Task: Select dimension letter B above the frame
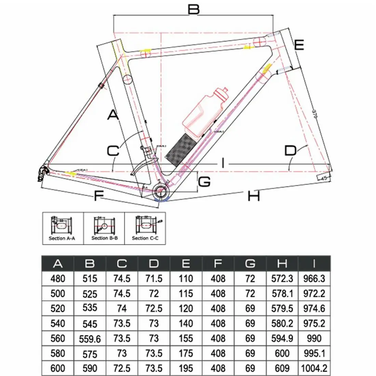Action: (193, 9)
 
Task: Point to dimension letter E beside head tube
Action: (299, 45)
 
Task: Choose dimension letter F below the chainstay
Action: (98, 196)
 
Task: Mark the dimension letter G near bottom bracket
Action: (204, 182)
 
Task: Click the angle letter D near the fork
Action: (291, 150)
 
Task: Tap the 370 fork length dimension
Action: (315, 114)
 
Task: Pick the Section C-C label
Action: (145, 238)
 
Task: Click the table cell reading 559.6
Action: (90, 339)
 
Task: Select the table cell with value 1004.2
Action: (314, 368)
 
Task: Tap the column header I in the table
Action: (314, 264)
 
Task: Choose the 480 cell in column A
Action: (58, 279)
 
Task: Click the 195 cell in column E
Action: (186, 368)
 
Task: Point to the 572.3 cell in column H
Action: (282, 279)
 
